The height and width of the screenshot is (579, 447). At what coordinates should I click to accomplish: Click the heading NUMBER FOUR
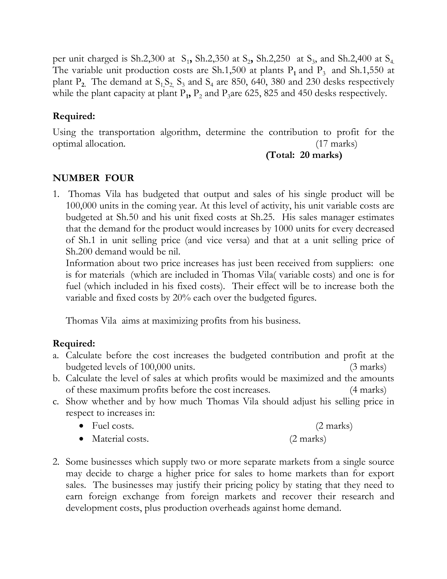point(93,178)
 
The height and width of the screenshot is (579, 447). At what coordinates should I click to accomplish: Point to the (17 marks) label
point(336,144)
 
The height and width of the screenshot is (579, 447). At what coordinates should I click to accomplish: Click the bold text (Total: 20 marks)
point(304,155)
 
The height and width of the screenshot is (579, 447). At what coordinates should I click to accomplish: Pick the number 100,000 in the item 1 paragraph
point(82,206)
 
